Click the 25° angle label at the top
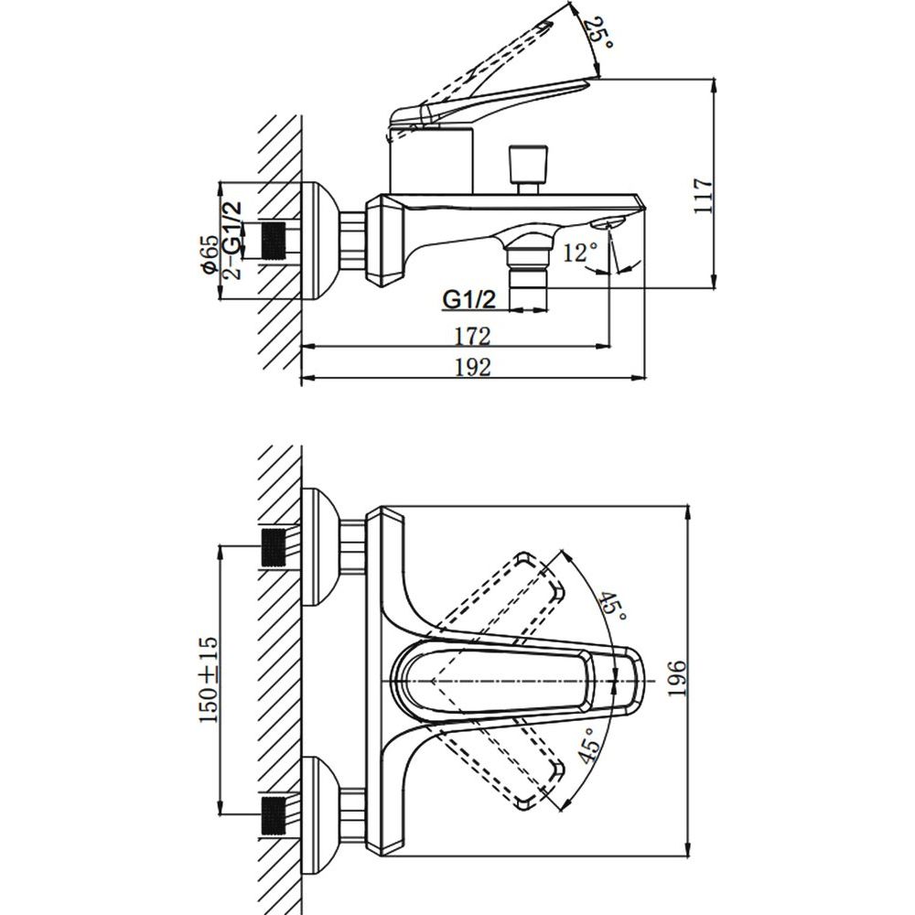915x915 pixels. point(599,33)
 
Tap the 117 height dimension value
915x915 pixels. point(703,196)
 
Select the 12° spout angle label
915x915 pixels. point(581,253)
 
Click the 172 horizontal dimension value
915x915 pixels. point(473,336)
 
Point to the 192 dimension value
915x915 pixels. point(473,367)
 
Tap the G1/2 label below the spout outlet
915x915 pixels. point(469,299)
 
